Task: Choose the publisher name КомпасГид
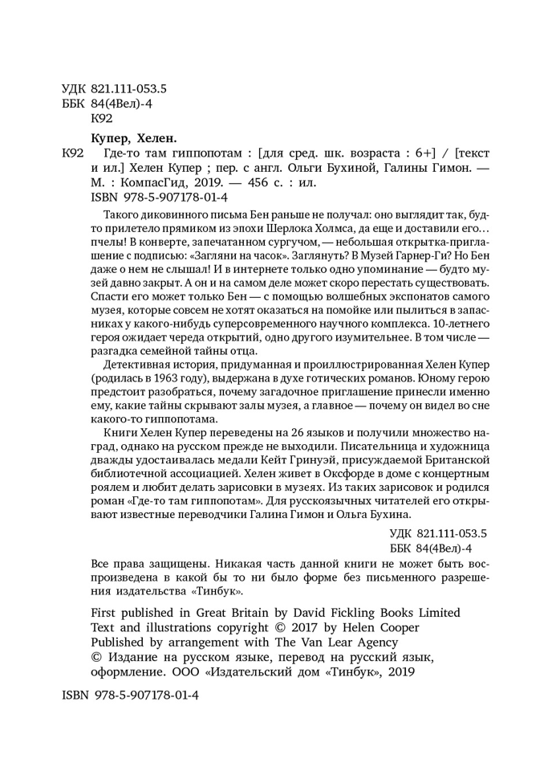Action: pyautogui.click(x=143, y=182)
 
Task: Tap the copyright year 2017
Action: pyautogui.click(x=313, y=626)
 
